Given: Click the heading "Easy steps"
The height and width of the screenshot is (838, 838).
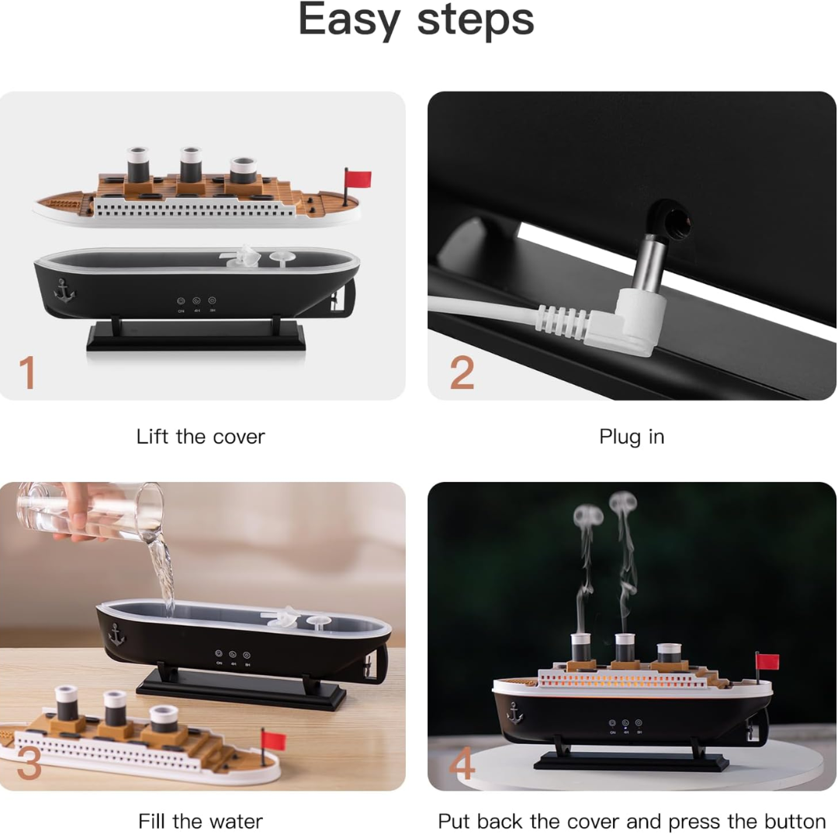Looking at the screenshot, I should (417, 20).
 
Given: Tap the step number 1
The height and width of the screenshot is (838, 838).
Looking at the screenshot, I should (28, 372).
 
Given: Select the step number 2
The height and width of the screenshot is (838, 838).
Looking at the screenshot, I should (462, 373).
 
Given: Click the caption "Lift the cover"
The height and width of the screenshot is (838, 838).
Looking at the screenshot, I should (200, 437).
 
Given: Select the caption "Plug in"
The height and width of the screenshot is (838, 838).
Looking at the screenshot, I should (632, 437).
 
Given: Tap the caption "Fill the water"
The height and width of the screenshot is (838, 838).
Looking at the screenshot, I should (200, 821).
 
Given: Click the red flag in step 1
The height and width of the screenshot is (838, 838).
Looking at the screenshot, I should (358, 179).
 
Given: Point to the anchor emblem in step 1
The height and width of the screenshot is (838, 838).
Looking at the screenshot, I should (65, 290).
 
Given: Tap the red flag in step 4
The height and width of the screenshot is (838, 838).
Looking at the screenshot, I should (767, 661).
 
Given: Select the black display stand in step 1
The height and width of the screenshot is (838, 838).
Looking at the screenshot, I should (196, 337).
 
